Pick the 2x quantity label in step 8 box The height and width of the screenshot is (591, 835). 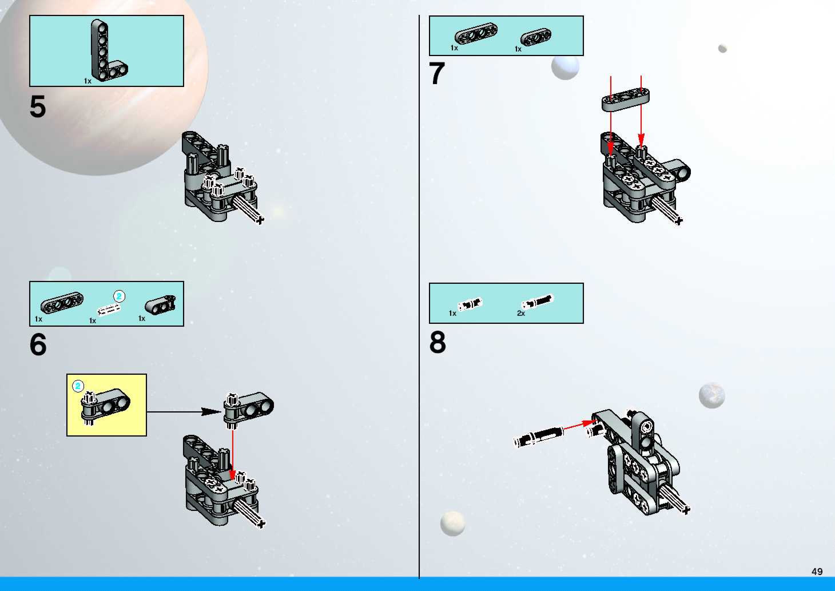tap(521, 313)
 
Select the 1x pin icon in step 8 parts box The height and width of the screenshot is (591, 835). tap(470, 304)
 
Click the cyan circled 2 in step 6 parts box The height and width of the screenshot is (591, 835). tap(119, 297)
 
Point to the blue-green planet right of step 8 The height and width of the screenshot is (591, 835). tap(712, 395)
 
